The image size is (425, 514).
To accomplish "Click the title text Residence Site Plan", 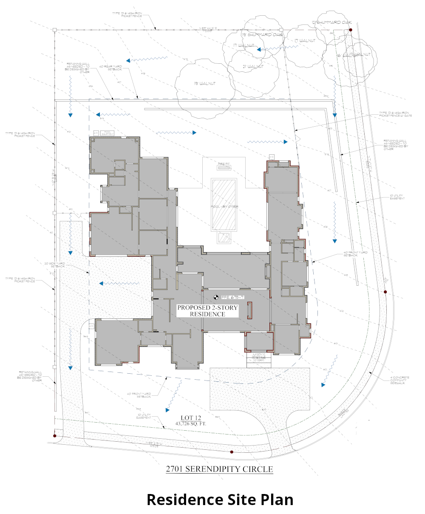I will click(x=220, y=499).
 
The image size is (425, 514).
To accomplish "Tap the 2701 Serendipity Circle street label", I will click(x=219, y=469).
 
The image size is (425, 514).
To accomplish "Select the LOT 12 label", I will click(x=191, y=418).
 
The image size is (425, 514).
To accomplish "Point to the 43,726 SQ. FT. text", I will click(x=191, y=424).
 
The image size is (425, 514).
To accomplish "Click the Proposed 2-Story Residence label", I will click(x=207, y=311).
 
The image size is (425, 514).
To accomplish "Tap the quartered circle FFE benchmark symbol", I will click(x=215, y=297).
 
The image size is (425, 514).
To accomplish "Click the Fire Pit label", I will click(x=224, y=164).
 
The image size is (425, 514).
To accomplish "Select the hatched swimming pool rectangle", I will click(x=224, y=205).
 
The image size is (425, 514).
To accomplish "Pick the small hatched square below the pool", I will click(x=224, y=238).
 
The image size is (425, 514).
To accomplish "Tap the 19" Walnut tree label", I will click(x=205, y=84).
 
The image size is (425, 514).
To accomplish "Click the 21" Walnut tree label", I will click(x=253, y=67).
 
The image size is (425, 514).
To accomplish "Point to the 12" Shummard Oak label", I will click(x=331, y=23).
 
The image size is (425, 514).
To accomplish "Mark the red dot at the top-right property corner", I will click(x=351, y=30).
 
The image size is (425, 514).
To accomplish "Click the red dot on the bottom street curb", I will click(x=232, y=452).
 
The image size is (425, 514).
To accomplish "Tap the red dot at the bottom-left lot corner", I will click(x=54, y=436).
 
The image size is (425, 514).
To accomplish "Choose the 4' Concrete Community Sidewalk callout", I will click(x=399, y=380).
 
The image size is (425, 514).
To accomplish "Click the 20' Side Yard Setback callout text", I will click(x=55, y=265).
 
